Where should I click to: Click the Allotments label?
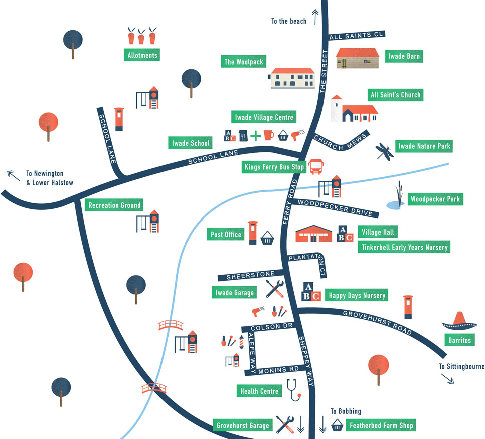pyautogui.click(x=142, y=55)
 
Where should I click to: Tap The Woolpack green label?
pyautogui.click(x=243, y=61)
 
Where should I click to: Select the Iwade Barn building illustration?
pyautogui.click(x=358, y=58)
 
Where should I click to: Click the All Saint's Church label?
pyautogui.click(x=396, y=95)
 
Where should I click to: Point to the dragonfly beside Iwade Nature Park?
pyautogui.click(x=385, y=151)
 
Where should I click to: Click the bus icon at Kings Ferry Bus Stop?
pyautogui.click(x=316, y=167)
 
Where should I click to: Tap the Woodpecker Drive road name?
pyautogui.click(x=336, y=208)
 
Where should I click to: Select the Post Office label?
pyautogui.click(x=226, y=234)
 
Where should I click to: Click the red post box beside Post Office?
pyautogui.click(x=253, y=233)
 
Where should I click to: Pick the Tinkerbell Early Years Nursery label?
pyautogui.click(x=404, y=247)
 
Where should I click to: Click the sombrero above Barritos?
pyautogui.click(x=459, y=321)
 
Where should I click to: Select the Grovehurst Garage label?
pyautogui.click(x=243, y=425)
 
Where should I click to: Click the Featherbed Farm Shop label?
pyautogui.click(x=381, y=425)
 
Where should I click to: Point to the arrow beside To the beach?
pyautogui.click(x=315, y=17)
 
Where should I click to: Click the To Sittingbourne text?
pyautogui.click(x=461, y=367)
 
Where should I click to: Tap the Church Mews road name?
pyautogui.click(x=340, y=142)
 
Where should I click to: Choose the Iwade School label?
pyautogui.click(x=191, y=143)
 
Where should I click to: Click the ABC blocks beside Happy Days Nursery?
pyautogui.click(x=311, y=291)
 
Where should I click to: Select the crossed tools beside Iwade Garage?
pyautogui.click(x=275, y=289)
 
